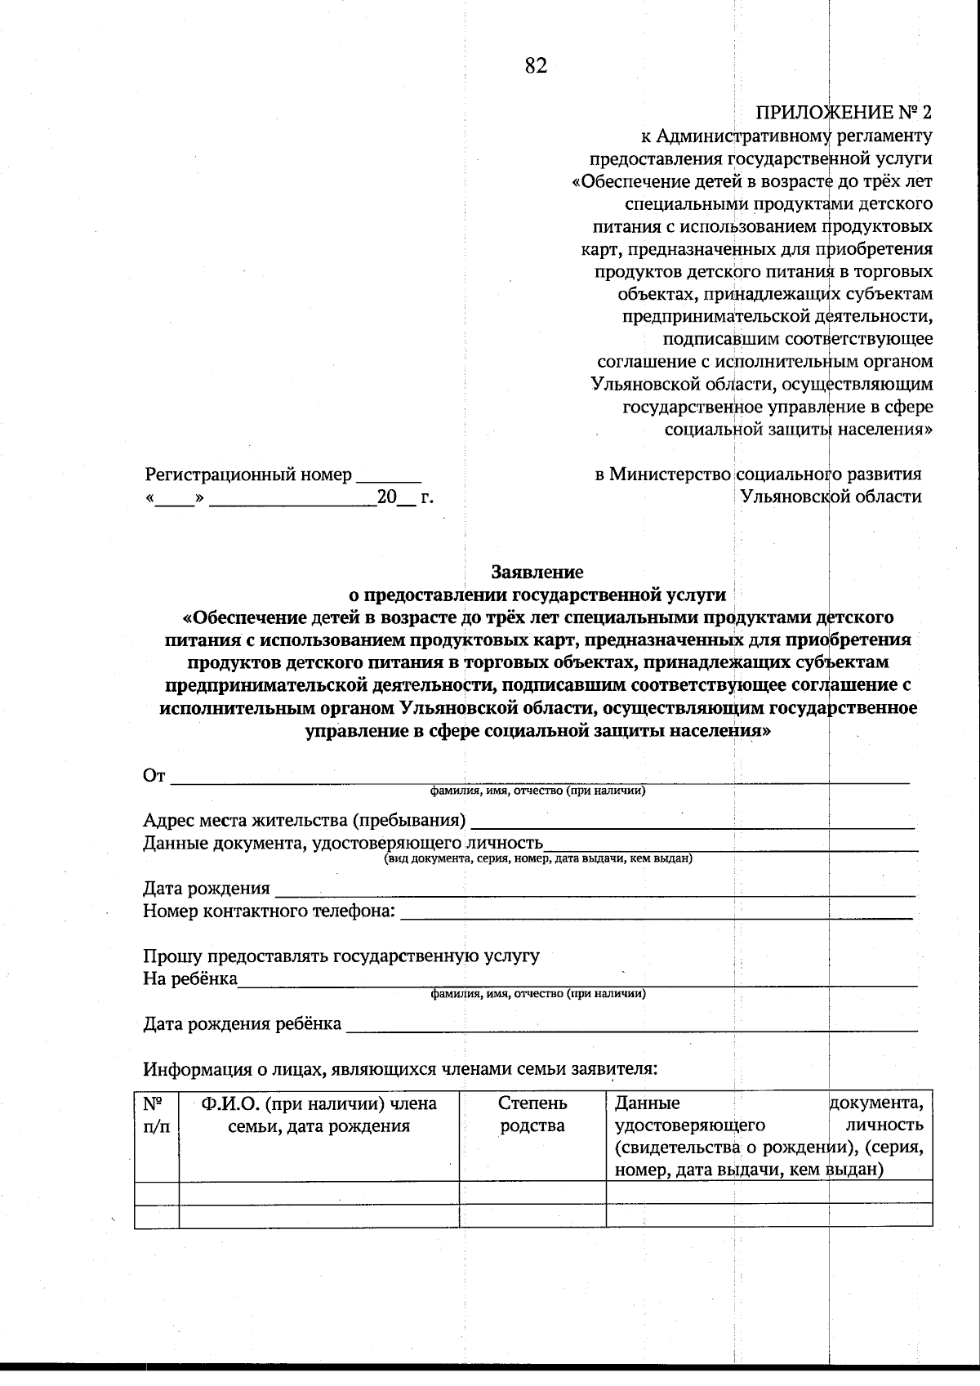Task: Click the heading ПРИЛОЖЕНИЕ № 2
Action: coord(844,113)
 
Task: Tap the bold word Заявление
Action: coord(537,572)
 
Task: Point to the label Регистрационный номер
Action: coord(248,475)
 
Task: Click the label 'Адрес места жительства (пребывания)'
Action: coord(305,820)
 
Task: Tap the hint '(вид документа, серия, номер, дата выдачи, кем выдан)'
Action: coord(538,858)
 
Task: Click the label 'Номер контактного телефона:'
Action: coord(269,911)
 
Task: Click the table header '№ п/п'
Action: coord(156,1116)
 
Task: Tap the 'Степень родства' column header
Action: coord(532,1116)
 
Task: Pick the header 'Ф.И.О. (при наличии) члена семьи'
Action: coord(318,1116)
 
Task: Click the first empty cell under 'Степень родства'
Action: coord(532,1192)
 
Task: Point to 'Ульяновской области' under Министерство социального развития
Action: coord(831,497)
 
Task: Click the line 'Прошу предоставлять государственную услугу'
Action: coord(341,956)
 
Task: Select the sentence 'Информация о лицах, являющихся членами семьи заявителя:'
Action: coord(400,1068)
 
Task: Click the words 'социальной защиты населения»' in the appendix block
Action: coord(799,429)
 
